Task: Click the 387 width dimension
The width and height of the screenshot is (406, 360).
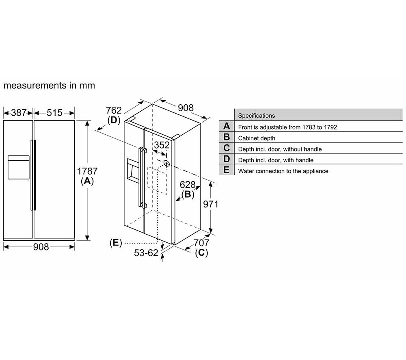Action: click(x=18, y=113)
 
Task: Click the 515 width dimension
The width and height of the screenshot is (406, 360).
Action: click(x=54, y=113)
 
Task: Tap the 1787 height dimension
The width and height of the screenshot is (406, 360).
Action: click(x=87, y=171)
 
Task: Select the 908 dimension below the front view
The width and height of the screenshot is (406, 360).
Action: click(x=41, y=247)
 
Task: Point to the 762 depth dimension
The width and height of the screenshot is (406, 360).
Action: click(x=114, y=110)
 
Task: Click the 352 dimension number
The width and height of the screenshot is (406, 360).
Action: click(x=162, y=145)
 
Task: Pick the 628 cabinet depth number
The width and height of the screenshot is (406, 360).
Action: click(x=188, y=185)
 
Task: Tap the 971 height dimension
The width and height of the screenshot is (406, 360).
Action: click(x=210, y=204)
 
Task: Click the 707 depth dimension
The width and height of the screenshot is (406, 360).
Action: click(x=201, y=243)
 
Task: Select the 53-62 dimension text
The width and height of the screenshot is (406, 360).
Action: click(x=146, y=253)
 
